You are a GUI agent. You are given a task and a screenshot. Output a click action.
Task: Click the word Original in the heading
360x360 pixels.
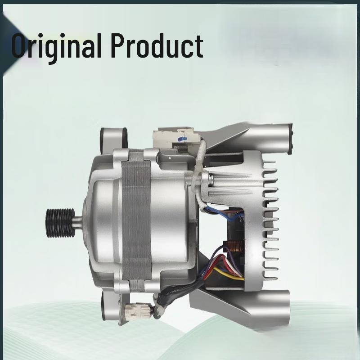pyautogui.click(x=56, y=47)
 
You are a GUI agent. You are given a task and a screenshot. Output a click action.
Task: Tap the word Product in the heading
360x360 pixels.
pyautogui.click(x=157, y=46)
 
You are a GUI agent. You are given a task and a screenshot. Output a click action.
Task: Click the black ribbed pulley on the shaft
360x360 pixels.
pyautogui.click(x=60, y=223)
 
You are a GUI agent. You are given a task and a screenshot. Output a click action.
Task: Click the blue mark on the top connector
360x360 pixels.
pyautogui.click(x=183, y=139)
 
